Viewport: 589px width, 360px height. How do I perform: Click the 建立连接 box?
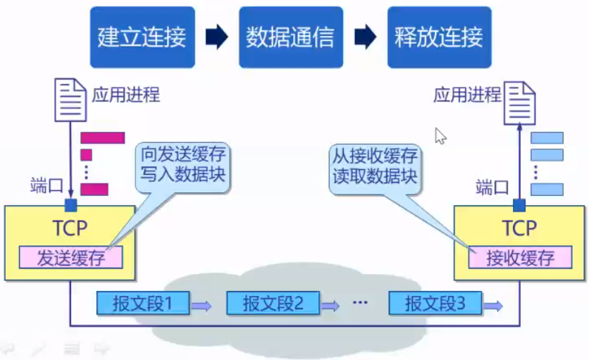(x=142, y=37)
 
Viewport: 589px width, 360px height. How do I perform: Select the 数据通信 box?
(x=290, y=37)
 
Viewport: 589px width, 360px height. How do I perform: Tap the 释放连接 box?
(x=438, y=37)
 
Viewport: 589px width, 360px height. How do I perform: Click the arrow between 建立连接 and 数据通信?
(x=216, y=37)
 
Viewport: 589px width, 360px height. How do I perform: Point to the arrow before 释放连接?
(x=365, y=37)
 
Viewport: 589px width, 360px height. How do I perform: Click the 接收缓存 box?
(x=519, y=258)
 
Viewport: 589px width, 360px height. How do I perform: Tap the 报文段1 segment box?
(x=144, y=304)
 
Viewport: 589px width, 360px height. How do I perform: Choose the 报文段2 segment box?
(x=273, y=304)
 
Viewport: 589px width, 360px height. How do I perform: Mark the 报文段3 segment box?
(x=435, y=304)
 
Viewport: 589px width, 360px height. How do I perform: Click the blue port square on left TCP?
(x=70, y=205)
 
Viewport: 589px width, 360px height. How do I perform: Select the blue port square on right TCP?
(x=519, y=205)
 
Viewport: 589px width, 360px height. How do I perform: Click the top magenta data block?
(x=102, y=137)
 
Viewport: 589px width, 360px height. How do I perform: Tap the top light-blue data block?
(x=547, y=137)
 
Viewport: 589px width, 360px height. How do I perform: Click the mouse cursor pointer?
(x=441, y=136)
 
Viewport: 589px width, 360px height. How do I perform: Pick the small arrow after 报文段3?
(x=494, y=306)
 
